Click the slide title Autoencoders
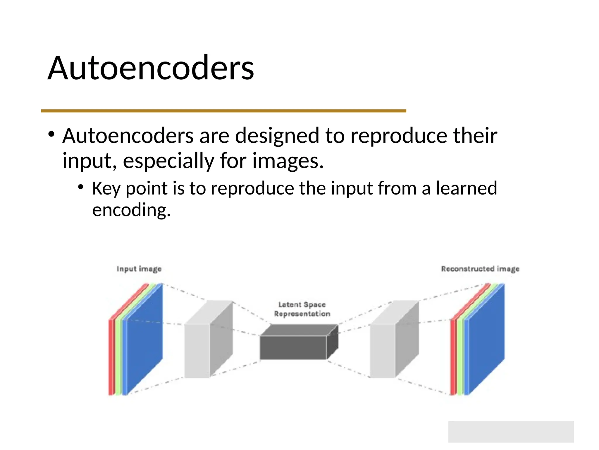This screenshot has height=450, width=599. (x=151, y=68)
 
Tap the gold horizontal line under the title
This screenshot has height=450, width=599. (x=223, y=111)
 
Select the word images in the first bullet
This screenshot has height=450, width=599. (x=288, y=161)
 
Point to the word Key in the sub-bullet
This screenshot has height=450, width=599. (x=106, y=188)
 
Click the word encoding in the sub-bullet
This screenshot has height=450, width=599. (x=131, y=210)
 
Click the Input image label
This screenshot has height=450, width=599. (x=139, y=269)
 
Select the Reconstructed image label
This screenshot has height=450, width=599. (x=480, y=269)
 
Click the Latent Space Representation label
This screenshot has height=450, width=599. (x=302, y=309)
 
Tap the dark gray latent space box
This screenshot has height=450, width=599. (x=293, y=347)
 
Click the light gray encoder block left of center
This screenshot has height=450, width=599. (x=197, y=350)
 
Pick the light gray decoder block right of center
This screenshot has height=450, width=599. (x=383, y=350)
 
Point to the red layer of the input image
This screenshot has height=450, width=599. (x=111, y=357)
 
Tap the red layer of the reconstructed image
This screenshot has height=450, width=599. (x=453, y=357)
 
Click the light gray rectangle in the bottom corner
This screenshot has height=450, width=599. (x=511, y=432)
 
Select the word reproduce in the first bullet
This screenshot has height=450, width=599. (x=399, y=136)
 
